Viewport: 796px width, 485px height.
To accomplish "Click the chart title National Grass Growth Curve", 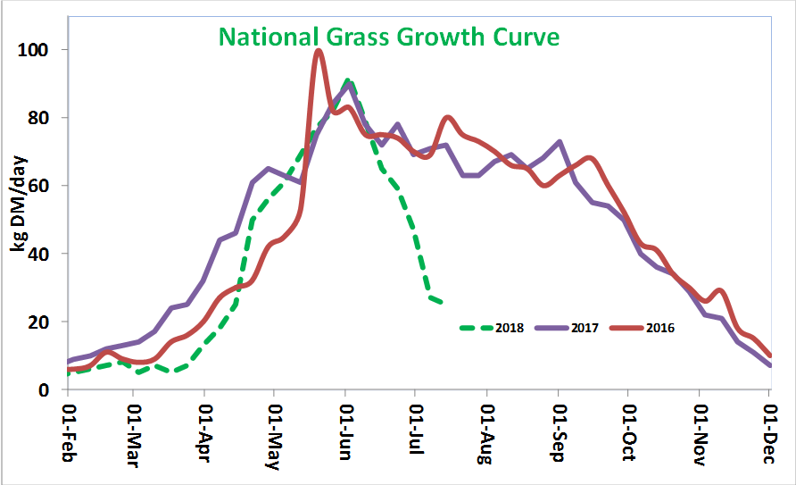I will coord(389,37).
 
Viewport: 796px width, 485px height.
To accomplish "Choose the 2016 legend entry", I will coord(660,328).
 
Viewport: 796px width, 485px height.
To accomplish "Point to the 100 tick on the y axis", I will coord(40,49).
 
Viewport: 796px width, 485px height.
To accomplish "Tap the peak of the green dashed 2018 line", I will coord(347,80).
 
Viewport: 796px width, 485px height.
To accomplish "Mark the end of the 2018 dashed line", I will coord(443,304).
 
